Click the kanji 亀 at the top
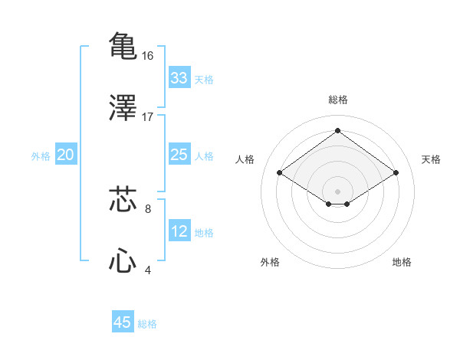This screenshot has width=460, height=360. [x=123, y=45]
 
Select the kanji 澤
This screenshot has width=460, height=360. [x=123, y=107]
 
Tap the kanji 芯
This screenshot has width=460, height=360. [x=123, y=198]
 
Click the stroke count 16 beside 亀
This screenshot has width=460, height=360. [x=148, y=55]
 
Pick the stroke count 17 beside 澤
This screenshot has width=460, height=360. [x=148, y=117]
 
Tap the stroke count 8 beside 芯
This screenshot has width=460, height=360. [x=148, y=208]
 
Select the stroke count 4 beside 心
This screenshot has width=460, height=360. [x=148, y=270]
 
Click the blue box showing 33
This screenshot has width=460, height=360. [x=179, y=78]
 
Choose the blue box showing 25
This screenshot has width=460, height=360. [x=179, y=155]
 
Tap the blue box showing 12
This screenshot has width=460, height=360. [x=179, y=231]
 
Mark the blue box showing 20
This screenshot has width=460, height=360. [x=65, y=155]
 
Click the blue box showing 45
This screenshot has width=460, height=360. [x=123, y=322]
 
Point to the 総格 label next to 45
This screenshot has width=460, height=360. [x=147, y=324]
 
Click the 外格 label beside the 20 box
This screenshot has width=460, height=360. [x=41, y=156]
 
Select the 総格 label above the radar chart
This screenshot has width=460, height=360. [x=337, y=100]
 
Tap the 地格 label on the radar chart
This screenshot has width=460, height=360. [x=402, y=262]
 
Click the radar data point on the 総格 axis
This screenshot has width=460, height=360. [x=337, y=130]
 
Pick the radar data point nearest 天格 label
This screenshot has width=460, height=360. [x=396, y=173]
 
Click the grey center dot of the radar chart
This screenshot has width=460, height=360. [x=337, y=191]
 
